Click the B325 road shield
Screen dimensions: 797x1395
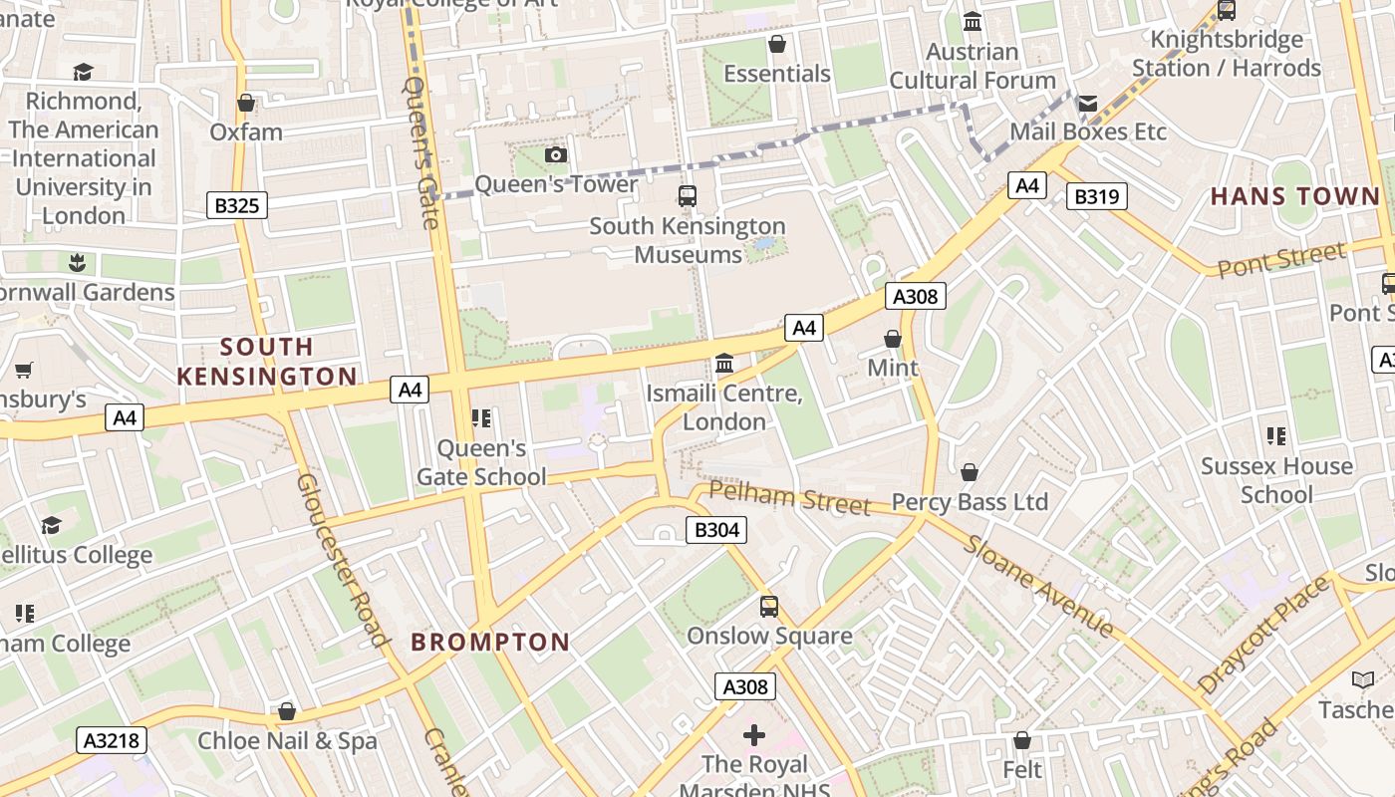tap(236, 206)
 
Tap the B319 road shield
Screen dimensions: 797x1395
tap(1096, 197)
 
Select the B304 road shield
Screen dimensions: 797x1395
tap(715, 530)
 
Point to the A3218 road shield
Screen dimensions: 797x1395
tap(112, 740)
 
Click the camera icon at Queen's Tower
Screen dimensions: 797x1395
tap(556, 155)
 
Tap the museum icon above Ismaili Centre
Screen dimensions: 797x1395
tap(724, 364)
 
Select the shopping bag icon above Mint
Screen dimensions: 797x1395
tap(893, 340)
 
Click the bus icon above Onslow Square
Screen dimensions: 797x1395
tap(769, 607)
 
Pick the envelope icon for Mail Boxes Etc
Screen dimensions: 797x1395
tap(1088, 104)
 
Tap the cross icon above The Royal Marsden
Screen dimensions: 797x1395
tap(754, 736)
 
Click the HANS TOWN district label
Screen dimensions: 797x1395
tap(1295, 196)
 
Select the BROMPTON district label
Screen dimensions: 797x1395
tap(490, 643)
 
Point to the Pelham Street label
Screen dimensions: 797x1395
tap(790, 497)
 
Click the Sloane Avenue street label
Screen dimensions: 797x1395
tap(1039, 587)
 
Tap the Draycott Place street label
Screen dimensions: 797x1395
tap(1263, 635)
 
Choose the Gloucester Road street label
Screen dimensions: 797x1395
tap(341, 560)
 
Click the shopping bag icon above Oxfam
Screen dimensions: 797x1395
tap(246, 104)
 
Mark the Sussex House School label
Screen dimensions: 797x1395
tap(1276, 480)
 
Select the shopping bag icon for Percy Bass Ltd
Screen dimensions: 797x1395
tap(970, 472)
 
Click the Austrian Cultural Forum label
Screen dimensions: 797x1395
tap(973, 66)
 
